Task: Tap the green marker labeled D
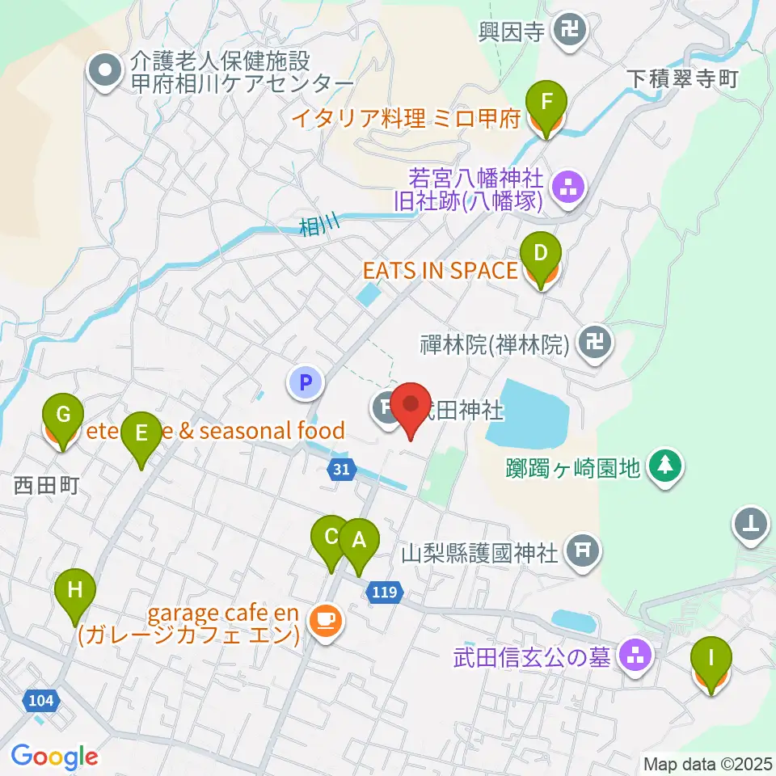click(539, 255)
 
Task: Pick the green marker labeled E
click(141, 434)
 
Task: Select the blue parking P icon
click(306, 382)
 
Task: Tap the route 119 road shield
click(384, 593)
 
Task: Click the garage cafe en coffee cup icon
click(325, 620)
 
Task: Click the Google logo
click(54, 757)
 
